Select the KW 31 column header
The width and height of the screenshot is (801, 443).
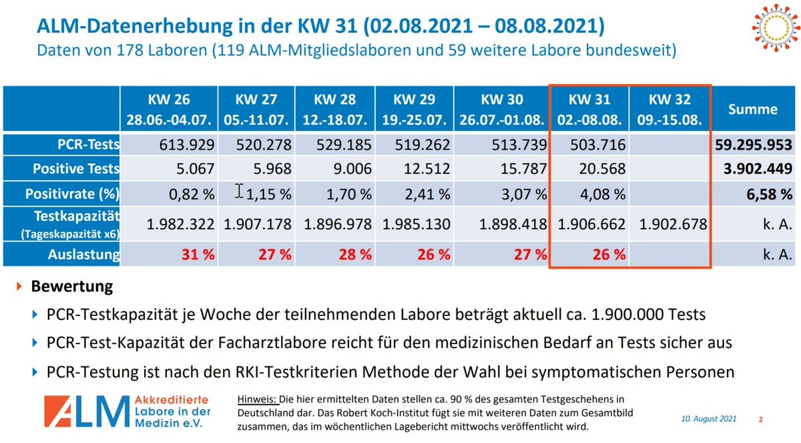click(589, 110)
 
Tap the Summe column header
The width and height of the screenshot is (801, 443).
click(753, 110)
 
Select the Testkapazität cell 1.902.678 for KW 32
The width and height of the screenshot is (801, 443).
click(672, 224)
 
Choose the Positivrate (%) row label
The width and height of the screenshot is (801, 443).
click(73, 194)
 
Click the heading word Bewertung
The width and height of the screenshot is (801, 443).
click(72, 287)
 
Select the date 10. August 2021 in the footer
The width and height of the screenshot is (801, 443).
click(708, 419)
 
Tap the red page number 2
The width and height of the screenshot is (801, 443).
click(761, 420)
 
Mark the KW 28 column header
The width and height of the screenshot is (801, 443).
click(335, 110)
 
